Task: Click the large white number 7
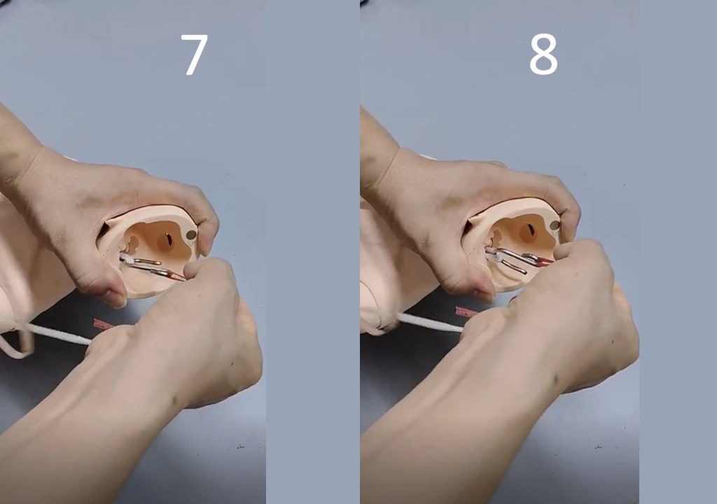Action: click(195, 55)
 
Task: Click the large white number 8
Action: click(543, 55)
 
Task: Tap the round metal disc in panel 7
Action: click(191, 235)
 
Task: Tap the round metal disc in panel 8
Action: click(555, 225)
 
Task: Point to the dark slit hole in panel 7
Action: click(168, 239)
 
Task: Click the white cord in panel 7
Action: click(60, 334)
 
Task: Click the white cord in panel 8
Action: click(430, 323)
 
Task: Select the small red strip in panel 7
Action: click(103, 324)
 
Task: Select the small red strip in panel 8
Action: click(466, 312)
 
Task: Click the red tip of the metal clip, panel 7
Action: click(176, 276)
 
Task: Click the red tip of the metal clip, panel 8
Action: click(545, 260)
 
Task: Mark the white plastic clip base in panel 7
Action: click(127, 260)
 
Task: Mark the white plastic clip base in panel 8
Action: click(493, 254)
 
